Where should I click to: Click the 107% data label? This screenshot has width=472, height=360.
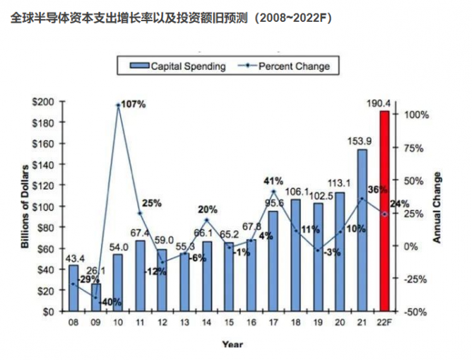[133, 104]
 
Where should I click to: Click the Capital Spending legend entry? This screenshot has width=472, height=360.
[177, 66]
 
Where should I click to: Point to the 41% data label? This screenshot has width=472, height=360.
[273, 180]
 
